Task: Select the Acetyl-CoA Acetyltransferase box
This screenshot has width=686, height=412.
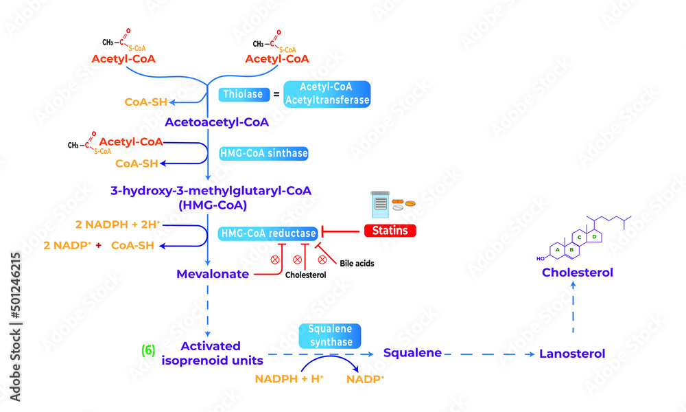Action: pyautogui.click(x=326, y=94)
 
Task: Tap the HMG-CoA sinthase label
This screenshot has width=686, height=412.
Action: pyautogui.click(x=263, y=154)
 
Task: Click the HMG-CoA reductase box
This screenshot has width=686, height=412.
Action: pyautogui.click(x=268, y=233)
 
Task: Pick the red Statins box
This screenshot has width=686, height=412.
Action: pyautogui.click(x=390, y=231)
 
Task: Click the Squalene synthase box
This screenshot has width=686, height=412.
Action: pyautogui.click(x=330, y=336)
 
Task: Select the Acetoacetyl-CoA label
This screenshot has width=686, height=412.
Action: pyautogui.click(x=216, y=122)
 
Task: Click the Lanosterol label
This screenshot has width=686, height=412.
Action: pyautogui.click(x=572, y=354)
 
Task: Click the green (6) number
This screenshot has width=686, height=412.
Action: pyautogui.click(x=148, y=350)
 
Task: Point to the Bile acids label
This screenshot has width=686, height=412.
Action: pyautogui.click(x=357, y=263)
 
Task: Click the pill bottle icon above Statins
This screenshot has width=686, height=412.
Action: pyautogui.click(x=379, y=203)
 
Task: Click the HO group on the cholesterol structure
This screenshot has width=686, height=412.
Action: pyautogui.click(x=541, y=259)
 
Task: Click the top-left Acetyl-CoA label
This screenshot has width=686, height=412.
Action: pyautogui.click(x=123, y=59)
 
